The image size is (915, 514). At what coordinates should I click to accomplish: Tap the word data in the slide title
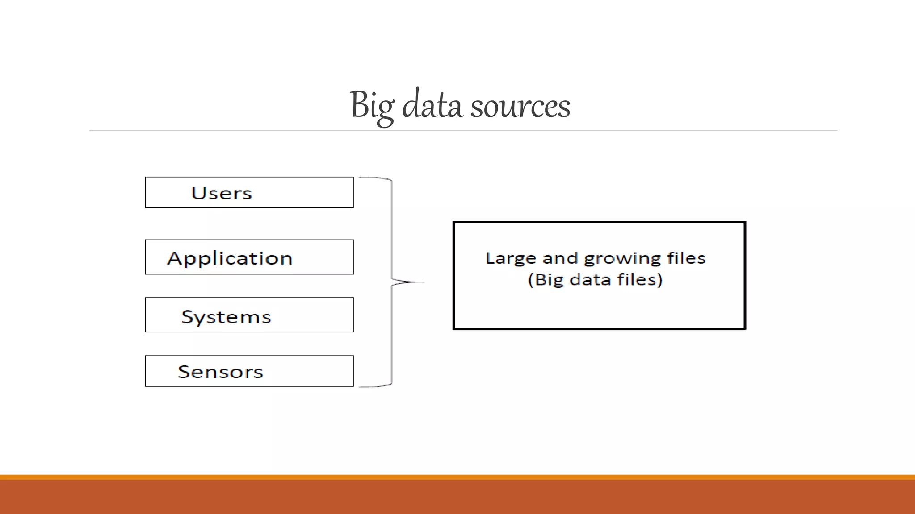pos(432,105)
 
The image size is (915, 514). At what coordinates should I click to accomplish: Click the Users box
pos(249,192)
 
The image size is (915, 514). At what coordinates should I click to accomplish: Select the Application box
pos(249,257)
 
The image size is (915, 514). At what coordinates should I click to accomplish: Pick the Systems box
pos(249,315)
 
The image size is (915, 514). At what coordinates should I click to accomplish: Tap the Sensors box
pos(249,371)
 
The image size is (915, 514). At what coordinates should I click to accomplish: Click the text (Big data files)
pos(595,280)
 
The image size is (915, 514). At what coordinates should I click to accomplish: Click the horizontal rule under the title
pos(463,130)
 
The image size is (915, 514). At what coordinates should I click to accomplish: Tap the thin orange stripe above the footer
pos(457,477)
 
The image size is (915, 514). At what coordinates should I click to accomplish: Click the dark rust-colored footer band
pos(457,497)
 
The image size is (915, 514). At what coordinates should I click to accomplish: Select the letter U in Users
pos(198,193)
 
